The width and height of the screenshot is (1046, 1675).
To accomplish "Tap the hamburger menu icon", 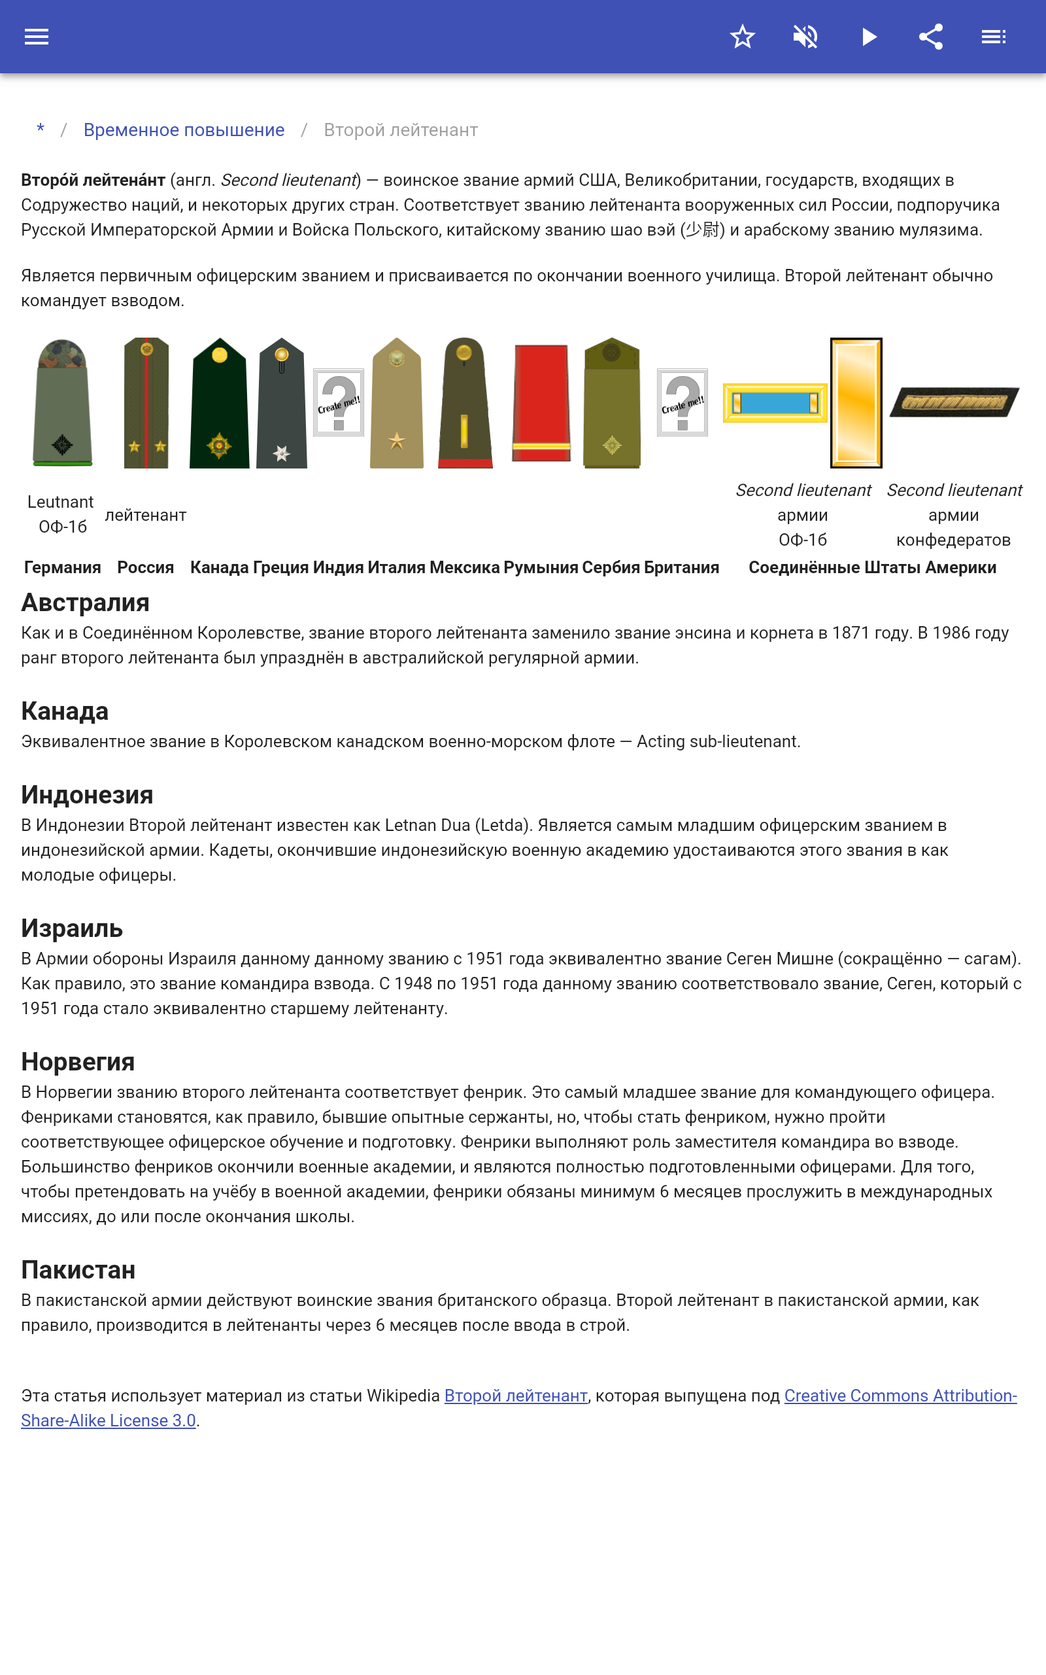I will [37, 37].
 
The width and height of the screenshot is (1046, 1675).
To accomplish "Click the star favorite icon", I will [742, 37].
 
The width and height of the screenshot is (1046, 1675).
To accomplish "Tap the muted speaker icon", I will [805, 37].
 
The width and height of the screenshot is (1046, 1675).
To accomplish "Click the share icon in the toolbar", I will [931, 37].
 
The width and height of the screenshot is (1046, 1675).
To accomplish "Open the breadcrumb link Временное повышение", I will [184, 130].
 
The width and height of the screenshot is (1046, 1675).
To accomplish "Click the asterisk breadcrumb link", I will [41, 130].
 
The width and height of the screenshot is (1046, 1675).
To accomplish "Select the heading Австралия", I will [85, 603].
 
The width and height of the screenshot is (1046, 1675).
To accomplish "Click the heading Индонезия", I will [87, 795].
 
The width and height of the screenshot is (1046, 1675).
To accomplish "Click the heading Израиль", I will [72, 929].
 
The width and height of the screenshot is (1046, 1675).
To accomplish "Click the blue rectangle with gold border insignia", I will [775, 403].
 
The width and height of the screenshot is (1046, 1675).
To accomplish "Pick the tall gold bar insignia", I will [856, 403].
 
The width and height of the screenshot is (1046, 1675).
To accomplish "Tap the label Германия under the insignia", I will [62, 567].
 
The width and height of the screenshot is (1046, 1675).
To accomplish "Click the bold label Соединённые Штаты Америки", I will [872, 567].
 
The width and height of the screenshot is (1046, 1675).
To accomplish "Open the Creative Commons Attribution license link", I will [900, 1396].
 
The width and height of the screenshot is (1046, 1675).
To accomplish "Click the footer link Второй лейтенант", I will [515, 1396].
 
